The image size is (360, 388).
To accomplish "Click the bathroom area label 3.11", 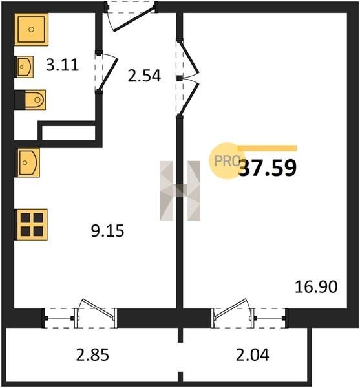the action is click(x=62, y=65).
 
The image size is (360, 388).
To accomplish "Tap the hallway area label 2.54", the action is click(x=144, y=76).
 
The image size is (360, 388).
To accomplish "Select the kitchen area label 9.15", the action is click(x=107, y=231).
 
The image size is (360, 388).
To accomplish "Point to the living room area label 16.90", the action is click(x=316, y=286).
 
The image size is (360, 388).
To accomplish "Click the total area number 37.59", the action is click(x=268, y=167).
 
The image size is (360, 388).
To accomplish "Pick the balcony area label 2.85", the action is click(x=92, y=354).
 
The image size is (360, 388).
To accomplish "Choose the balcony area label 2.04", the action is click(x=252, y=354).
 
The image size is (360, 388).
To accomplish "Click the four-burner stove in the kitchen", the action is click(x=31, y=224).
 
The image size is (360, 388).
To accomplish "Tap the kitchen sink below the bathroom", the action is click(x=27, y=162).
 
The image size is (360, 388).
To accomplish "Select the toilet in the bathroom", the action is click(x=30, y=100).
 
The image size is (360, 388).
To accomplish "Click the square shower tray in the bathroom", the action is click(x=31, y=30).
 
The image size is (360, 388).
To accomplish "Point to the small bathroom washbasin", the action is click(x=24, y=67).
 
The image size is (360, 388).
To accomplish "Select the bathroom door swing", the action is click(x=108, y=72).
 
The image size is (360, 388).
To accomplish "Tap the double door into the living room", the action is click(x=189, y=78).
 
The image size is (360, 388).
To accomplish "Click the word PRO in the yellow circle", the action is click(x=227, y=161).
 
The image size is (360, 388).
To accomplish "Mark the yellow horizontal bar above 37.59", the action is click(x=267, y=148).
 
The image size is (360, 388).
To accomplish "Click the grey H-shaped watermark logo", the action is click(x=180, y=191).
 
